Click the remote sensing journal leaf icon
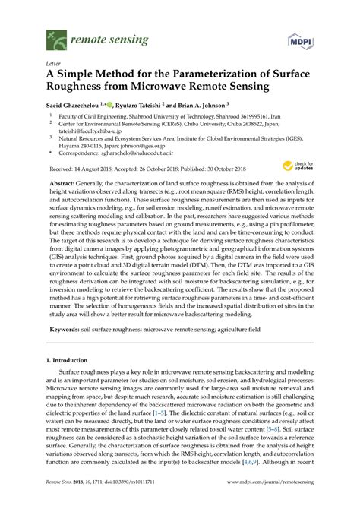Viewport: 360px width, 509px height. point(55,35)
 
